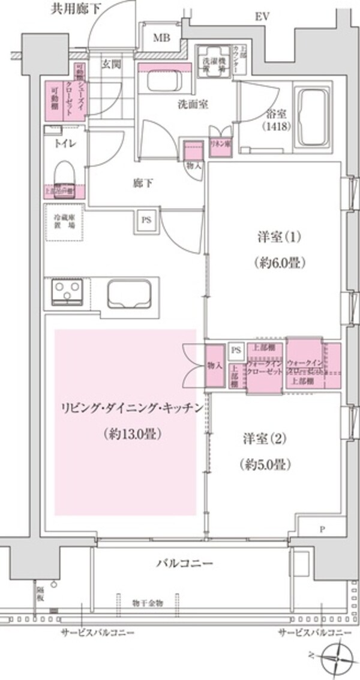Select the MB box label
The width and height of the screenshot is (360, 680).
coord(161,39)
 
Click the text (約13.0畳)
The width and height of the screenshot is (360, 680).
coord(126,432)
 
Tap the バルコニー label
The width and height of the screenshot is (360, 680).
coord(184,563)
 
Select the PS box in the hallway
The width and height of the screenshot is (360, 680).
coord(146,219)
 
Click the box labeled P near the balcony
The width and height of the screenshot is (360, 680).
coord(322,529)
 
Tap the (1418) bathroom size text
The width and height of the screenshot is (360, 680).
coord(277,127)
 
